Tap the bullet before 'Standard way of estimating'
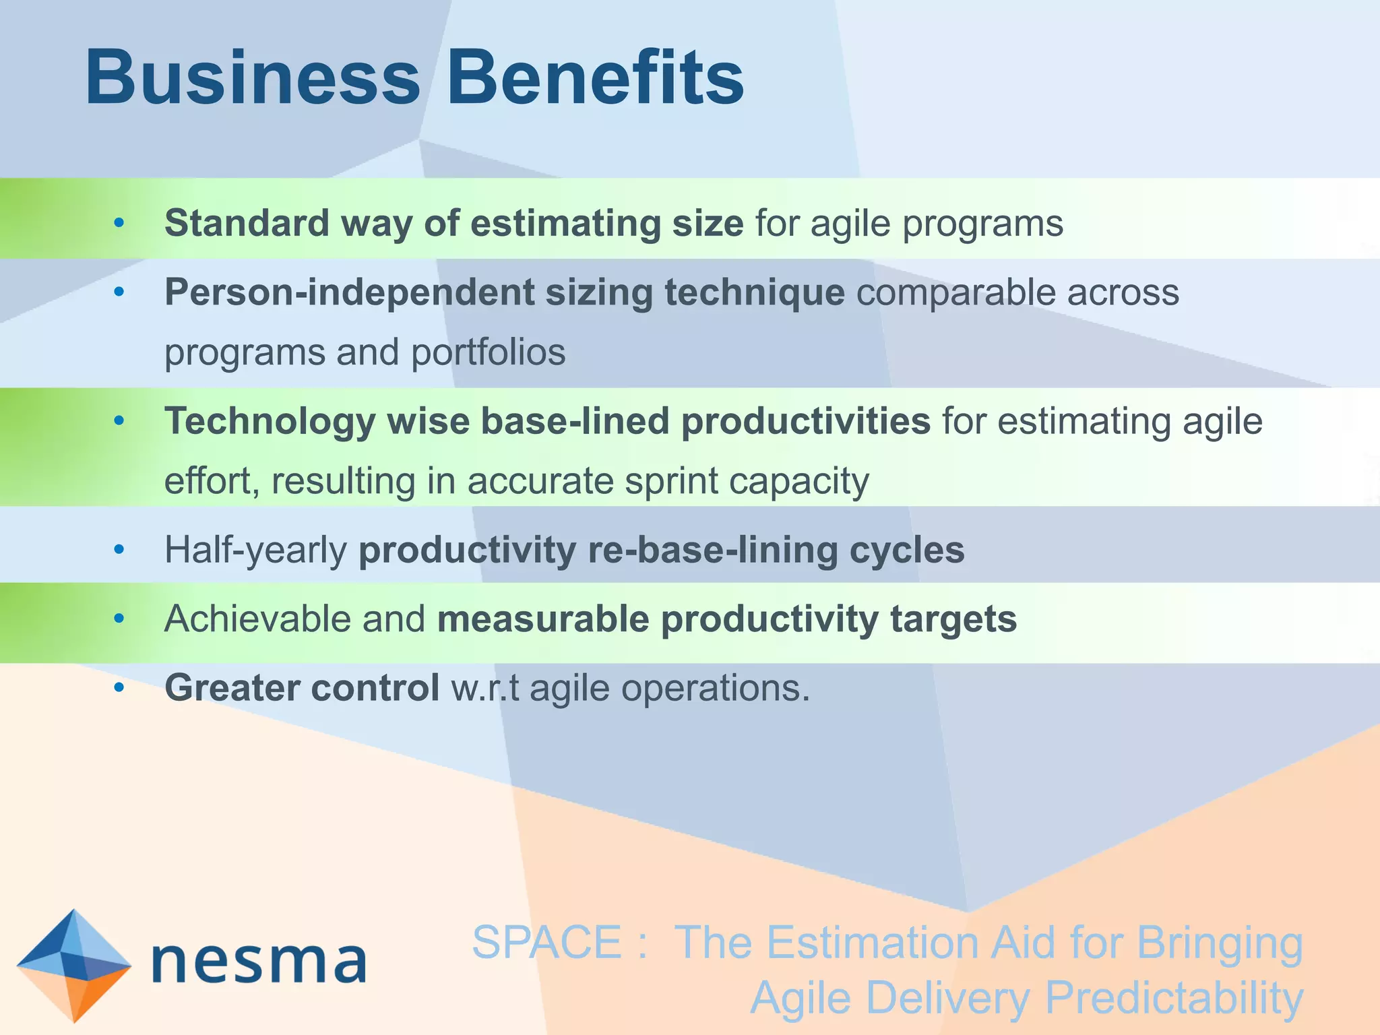click(x=119, y=223)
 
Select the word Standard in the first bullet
click(x=247, y=223)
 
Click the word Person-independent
click(x=348, y=293)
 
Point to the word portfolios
click(x=488, y=352)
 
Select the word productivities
click(x=806, y=422)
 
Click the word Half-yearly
click(x=255, y=551)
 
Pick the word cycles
click(x=906, y=551)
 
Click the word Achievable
click(x=257, y=619)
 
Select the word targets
click(x=953, y=620)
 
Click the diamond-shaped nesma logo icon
click(x=73, y=965)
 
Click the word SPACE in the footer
click(x=546, y=942)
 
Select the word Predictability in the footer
click(x=1174, y=998)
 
